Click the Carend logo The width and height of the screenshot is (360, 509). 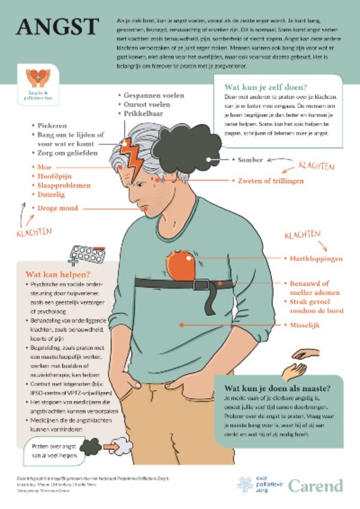click(x=316, y=484)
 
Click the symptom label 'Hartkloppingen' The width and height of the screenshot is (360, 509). click(x=313, y=258)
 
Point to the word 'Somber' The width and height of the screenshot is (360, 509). click(x=251, y=160)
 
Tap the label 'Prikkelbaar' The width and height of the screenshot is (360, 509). click(x=144, y=113)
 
